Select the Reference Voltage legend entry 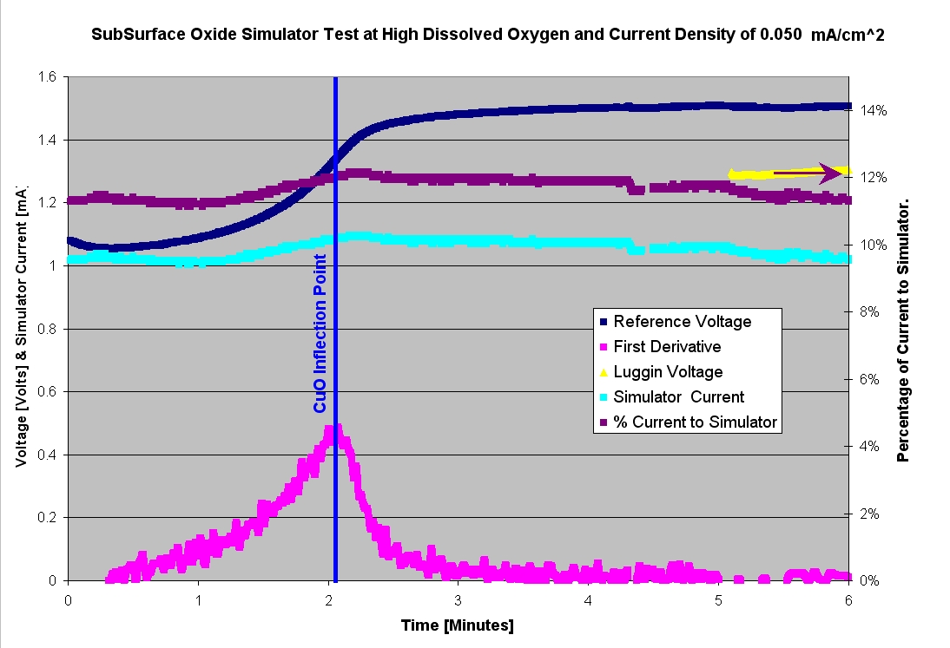coord(681,322)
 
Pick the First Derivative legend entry coord(667,347)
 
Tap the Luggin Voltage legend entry coord(668,372)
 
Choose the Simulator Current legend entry coord(678,397)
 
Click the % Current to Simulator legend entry coord(695,422)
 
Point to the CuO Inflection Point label coord(320,333)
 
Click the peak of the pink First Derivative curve coord(333,429)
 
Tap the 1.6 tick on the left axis coord(46,77)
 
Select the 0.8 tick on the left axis coord(46,329)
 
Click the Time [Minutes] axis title coord(458,625)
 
